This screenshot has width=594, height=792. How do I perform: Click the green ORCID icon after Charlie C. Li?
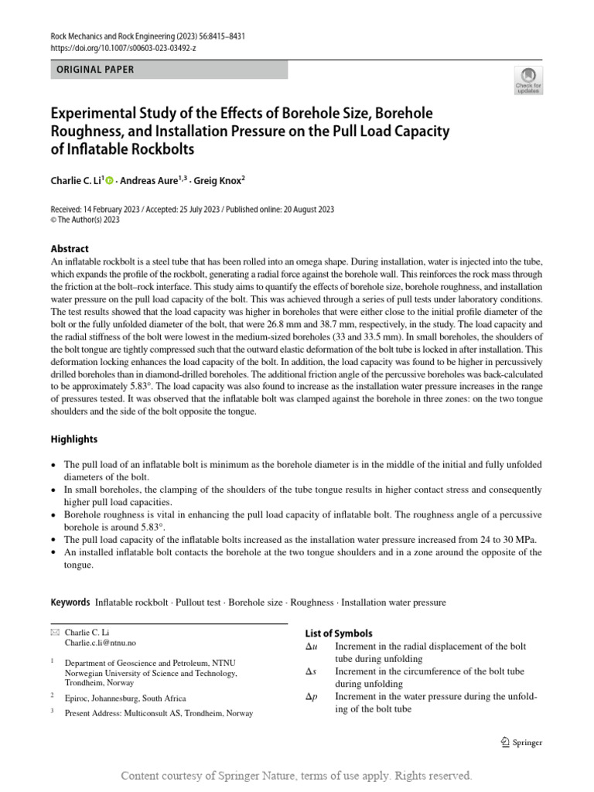point(109,182)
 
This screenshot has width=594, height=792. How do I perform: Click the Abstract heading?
point(70,249)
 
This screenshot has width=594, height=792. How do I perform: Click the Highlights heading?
point(74,439)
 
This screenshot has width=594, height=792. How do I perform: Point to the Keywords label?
point(70,602)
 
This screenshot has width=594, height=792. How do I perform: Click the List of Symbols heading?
point(339,633)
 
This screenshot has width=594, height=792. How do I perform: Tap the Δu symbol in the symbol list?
point(312,646)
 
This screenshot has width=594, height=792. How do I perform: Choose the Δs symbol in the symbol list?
point(312,671)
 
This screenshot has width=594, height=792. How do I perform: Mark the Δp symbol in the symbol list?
point(312,697)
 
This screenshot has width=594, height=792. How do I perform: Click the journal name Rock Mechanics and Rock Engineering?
point(115,36)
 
